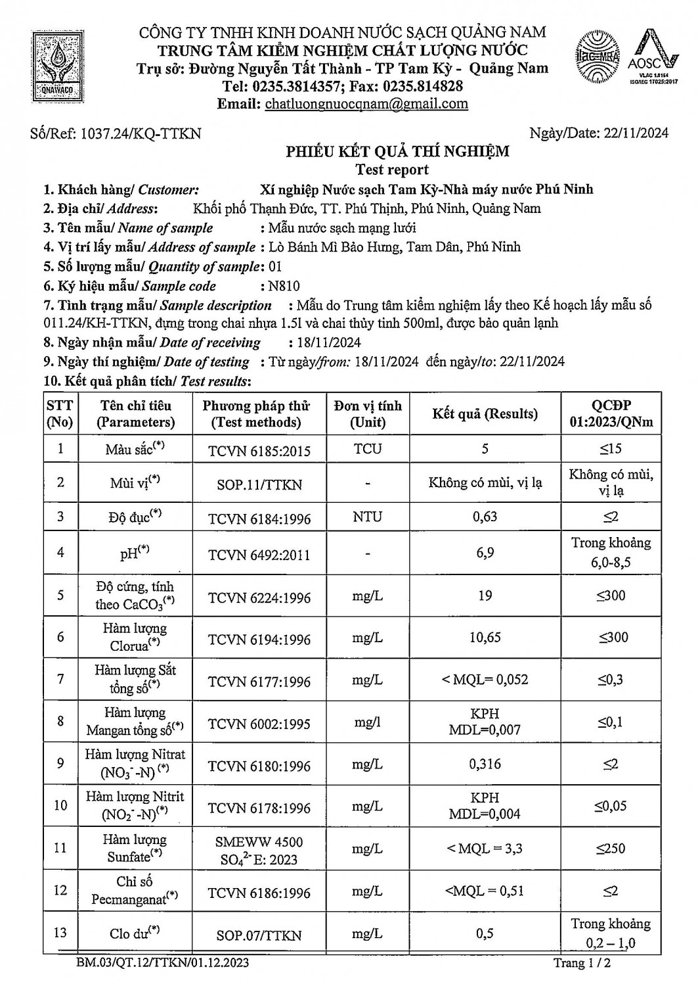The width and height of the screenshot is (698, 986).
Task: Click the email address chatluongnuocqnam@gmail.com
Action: point(366,103)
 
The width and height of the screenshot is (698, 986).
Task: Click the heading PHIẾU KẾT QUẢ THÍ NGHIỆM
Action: point(397,152)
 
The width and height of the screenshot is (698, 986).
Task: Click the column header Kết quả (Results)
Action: point(485,414)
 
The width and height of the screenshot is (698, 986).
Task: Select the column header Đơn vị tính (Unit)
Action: point(367,414)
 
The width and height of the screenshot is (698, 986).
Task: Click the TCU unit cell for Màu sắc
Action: point(367,449)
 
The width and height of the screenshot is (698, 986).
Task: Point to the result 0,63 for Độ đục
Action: point(485,517)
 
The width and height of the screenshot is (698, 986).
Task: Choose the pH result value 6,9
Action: point(485,553)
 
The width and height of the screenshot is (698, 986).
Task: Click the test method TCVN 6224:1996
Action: point(259,598)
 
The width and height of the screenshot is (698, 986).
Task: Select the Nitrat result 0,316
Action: point(485,764)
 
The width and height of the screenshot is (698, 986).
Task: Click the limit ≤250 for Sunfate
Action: point(611,849)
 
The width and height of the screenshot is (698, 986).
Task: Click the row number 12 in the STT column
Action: point(60,890)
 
